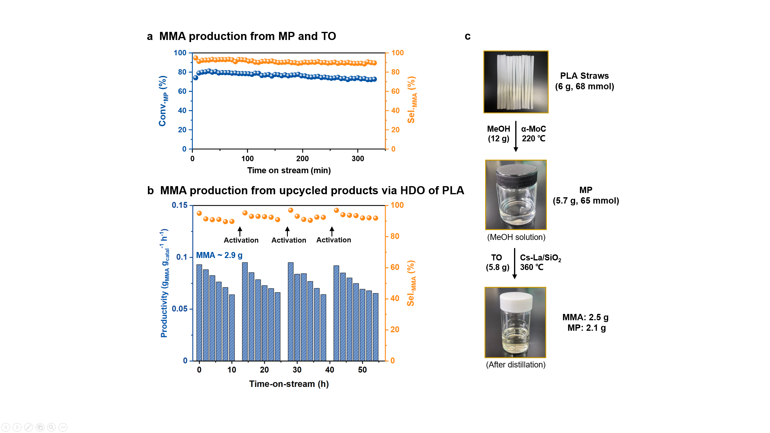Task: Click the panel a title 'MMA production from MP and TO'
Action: pos(247,36)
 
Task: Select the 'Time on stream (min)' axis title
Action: pos(289,170)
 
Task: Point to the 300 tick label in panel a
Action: pos(358,159)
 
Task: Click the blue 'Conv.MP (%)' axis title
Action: pos(163,101)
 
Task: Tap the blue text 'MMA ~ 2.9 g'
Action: pos(219,255)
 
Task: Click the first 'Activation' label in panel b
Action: pos(241,240)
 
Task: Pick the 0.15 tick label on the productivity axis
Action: pos(180,205)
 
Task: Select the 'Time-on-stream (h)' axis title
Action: pos(289,384)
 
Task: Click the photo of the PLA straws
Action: pos(516,82)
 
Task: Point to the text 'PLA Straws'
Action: pos(584,76)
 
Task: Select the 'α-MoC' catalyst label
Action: pos(533,129)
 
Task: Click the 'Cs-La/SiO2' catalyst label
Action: pos(540,258)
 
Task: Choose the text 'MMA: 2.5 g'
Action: pos(585,317)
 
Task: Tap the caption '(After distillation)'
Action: pos(516,365)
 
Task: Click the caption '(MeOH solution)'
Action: pos(516,237)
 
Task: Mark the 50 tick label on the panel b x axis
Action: pos(362,370)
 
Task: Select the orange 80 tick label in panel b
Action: pos(395,236)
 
